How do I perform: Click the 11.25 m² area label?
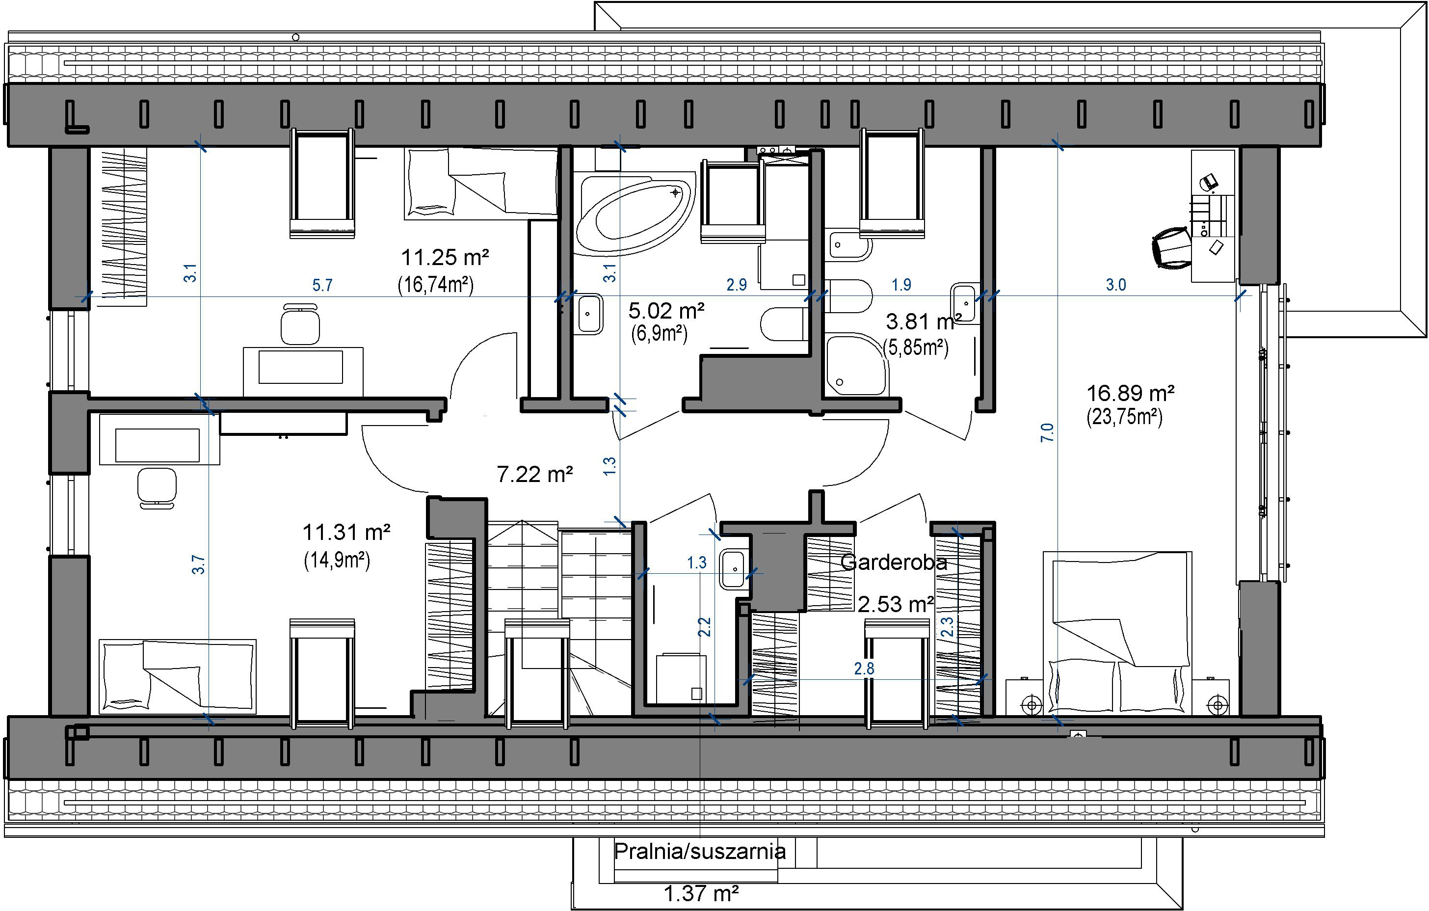click(x=445, y=258)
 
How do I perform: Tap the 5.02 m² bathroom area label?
click(x=666, y=310)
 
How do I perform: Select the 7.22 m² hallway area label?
click(x=535, y=474)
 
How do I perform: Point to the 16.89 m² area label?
click(x=1131, y=393)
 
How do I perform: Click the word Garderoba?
click(x=894, y=562)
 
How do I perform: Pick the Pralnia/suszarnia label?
click(x=700, y=851)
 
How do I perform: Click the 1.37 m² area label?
click(x=701, y=893)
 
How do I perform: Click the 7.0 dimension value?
click(x=1047, y=432)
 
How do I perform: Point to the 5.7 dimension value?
click(x=322, y=286)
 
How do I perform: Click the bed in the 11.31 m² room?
click(x=178, y=675)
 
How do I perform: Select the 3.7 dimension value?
click(x=198, y=564)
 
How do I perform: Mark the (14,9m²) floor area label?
click(x=337, y=560)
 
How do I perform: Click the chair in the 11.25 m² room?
click(x=300, y=323)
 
